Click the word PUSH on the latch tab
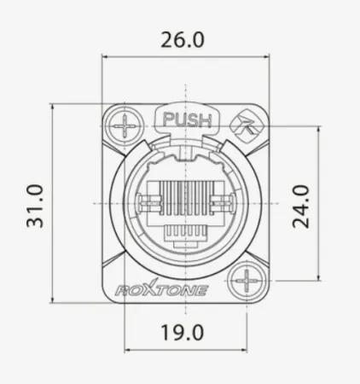point(186,120)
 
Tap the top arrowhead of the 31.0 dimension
point(53,108)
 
